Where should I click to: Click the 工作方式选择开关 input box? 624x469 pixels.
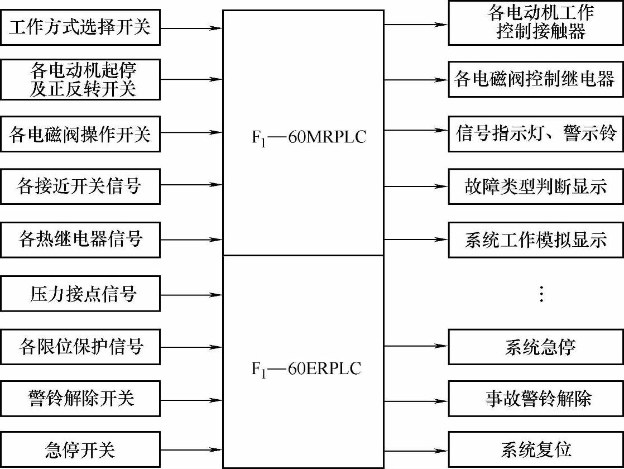80,27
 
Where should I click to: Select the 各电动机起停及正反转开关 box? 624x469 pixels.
80,80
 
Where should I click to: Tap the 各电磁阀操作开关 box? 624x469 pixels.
80,133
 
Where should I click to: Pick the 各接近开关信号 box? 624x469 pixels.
80,186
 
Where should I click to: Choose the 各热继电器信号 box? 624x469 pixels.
80,239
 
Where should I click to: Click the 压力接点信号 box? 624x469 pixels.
80,293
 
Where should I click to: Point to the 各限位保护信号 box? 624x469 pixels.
80,347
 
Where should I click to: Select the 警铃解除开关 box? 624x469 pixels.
80,399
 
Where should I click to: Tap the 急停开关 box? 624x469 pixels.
80,449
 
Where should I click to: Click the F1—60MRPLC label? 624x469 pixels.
309,137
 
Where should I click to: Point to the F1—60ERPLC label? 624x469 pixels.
306,368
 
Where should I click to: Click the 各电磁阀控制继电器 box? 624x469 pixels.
536,79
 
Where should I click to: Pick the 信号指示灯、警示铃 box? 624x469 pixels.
536,133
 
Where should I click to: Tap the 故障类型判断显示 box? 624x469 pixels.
536,186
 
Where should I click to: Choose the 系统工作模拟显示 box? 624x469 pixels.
536,240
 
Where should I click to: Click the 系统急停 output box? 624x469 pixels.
536,347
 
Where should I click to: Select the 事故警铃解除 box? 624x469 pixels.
536,399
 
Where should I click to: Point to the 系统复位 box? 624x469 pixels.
536,449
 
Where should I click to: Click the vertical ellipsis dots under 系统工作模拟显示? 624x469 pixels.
540,294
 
